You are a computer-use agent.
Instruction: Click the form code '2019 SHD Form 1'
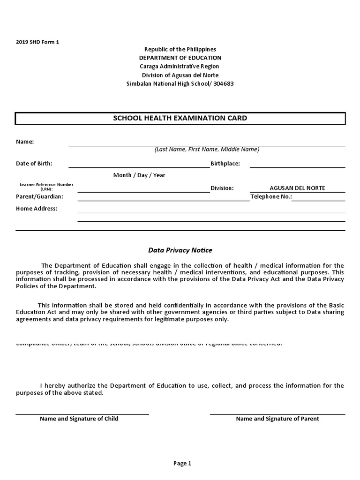[x=37, y=42]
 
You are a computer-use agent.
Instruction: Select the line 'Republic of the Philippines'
[x=180, y=49]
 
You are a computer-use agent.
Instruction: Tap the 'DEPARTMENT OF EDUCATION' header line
[x=180, y=58]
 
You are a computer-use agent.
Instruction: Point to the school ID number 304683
[x=224, y=84]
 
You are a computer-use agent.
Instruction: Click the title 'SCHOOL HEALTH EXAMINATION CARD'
[x=180, y=118]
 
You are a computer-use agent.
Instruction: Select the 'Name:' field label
[x=25, y=142]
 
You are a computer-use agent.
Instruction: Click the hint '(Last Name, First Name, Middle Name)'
[x=207, y=150]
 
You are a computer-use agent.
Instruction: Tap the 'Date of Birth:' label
[x=34, y=164]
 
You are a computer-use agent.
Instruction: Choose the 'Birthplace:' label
[x=225, y=164]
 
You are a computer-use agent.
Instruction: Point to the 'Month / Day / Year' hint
[x=139, y=175]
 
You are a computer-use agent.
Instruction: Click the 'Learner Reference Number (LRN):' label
[x=46, y=187]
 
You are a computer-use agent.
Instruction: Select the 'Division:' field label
[x=222, y=188]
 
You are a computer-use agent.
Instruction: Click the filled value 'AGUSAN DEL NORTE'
[x=297, y=188]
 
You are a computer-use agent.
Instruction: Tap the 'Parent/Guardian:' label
[x=39, y=197]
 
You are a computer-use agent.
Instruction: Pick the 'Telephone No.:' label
[x=271, y=197]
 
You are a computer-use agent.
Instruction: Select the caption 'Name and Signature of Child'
[x=79, y=419]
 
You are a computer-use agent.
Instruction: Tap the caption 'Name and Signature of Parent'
[x=277, y=419]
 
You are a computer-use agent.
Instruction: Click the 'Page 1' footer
[x=182, y=464]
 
